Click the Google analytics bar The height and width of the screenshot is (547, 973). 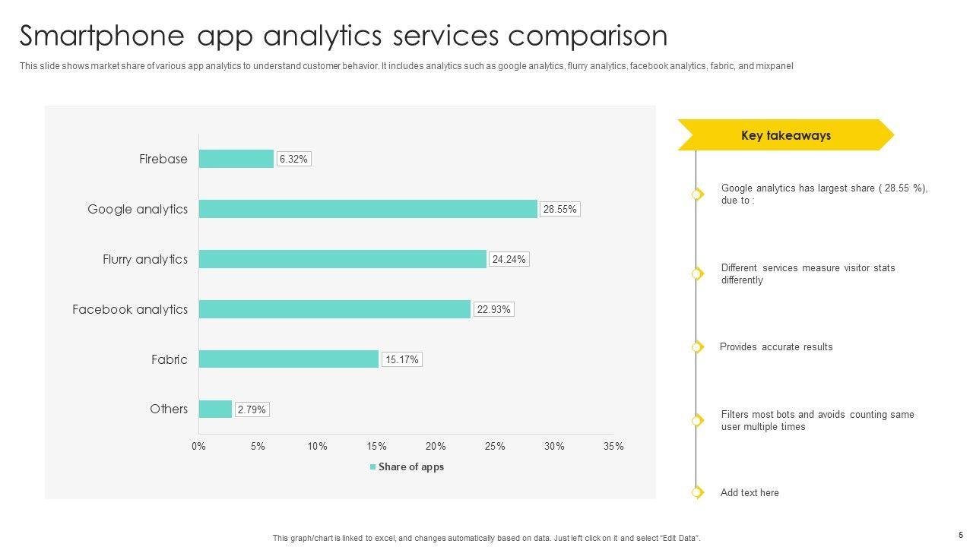(x=368, y=209)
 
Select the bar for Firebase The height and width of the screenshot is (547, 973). (x=236, y=159)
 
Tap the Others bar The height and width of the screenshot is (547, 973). (x=215, y=409)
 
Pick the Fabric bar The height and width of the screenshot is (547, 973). (x=289, y=359)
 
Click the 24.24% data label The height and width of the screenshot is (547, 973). (x=509, y=259)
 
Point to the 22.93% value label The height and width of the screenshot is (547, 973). (x=493, y=309)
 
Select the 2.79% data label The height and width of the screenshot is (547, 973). (x=252, y=409)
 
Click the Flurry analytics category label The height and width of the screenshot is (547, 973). (x=145, y=259)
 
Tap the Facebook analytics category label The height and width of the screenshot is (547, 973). (x=130, y=309)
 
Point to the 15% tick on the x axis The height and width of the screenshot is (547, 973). (x=376, y=447)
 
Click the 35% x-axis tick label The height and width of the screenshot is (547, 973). (x=613, y=447)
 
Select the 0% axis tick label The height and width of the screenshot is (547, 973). (x=198, y=447)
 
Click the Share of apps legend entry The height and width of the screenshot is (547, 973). (x=407, y=467)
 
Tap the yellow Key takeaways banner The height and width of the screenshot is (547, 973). (x=785, y=135)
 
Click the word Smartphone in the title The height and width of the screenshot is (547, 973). (x=102, y=36)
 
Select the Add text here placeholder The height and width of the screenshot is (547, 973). (x=750, y=492)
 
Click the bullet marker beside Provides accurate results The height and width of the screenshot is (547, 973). (x=697, y=347)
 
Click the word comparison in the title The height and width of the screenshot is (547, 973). (x=587, y=36)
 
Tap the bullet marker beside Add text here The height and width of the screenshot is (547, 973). (x=697, y=492)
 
